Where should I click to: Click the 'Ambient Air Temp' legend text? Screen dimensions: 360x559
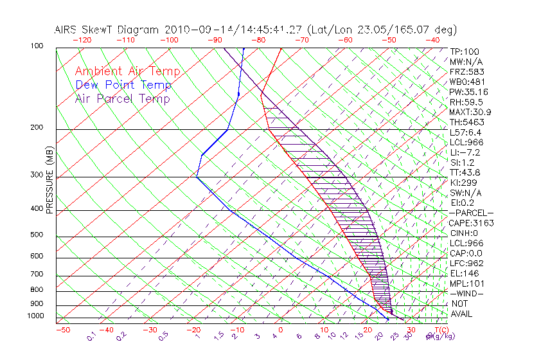(127, 71)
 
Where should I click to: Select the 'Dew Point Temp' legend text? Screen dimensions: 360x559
(123, 85)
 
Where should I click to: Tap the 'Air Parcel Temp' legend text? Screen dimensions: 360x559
(122, 98)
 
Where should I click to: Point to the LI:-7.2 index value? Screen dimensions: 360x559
(465, 152)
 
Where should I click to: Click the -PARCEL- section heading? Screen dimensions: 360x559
(471, 213)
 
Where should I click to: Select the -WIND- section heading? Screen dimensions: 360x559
(466, 294)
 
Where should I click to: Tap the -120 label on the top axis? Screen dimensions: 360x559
(81, 40)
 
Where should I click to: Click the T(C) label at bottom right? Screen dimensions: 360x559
(441, 330)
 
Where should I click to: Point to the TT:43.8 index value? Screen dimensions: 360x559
(465, 172)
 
